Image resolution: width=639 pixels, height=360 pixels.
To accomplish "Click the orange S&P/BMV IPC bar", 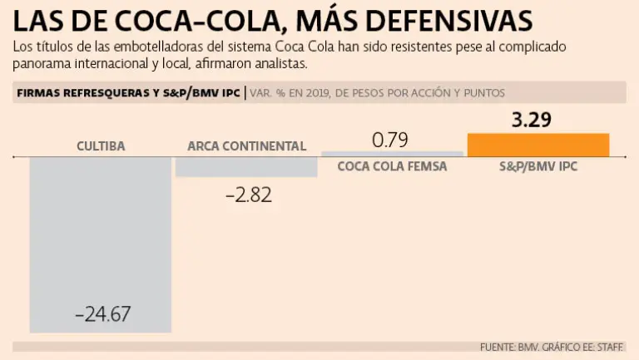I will pyautogui.click(x=538, y=145).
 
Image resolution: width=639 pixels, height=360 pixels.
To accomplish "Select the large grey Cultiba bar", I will pyautogui.click(x=100, y=241).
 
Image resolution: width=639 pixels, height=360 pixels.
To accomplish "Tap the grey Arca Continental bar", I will pyautogui.click(x=246, y=166).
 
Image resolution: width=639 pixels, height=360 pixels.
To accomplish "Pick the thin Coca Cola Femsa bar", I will pyautogui.click(x=392, y=154).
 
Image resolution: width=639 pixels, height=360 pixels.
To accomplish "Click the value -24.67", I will pyautogui.click(x=102, y=315).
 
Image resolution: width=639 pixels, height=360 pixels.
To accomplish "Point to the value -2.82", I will pyautogui.click(x=248, y=196).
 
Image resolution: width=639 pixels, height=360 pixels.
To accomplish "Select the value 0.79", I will pyautogui.click(x=390, y=140).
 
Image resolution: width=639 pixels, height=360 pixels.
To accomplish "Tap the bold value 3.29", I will pyautogui.click(x=532, y=121).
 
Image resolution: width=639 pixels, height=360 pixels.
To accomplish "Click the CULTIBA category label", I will pyautogui.click(x=101, y=146).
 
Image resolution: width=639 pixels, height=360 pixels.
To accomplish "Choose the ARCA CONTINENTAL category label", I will pyautogui.click(x=246, y=146).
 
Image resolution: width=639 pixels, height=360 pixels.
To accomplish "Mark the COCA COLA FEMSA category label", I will pyautogui.click(x=392, y=166).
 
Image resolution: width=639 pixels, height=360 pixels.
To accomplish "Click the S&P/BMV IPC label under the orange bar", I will pyautogui.click(x=538, y=166).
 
